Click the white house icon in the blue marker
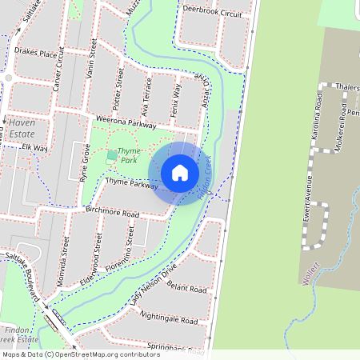180,173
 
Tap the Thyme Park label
128,155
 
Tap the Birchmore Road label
112,214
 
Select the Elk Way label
35,148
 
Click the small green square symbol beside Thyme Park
110,155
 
